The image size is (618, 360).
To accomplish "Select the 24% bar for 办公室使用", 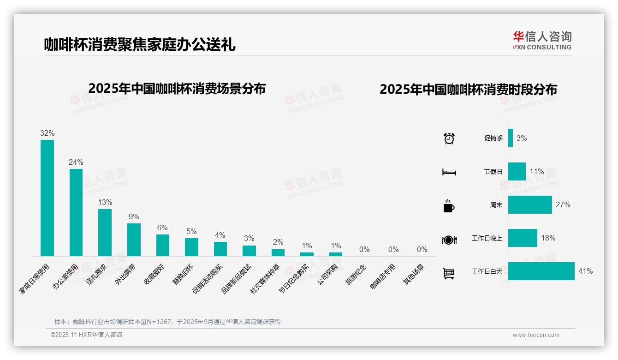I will [x=76, y=212].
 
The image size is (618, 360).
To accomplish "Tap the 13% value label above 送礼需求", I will [x=105, y=202].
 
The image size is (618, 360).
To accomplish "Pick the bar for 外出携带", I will [x=134, y=240].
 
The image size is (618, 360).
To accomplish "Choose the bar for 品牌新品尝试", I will [x=249, y=251].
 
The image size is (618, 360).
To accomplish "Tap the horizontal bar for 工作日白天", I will [x=541, y=271].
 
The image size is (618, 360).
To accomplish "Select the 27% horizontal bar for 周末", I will [x=530, y=204].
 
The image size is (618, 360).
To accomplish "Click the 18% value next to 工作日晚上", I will [x=548, y=238].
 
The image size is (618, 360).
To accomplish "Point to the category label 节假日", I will [x=493, y=172].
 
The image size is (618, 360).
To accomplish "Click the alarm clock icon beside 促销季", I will [x=449, y=138].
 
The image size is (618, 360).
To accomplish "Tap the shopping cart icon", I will [x=448, y=273].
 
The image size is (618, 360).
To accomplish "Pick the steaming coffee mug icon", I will [x=449, y=206].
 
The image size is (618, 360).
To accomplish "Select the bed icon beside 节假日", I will [x=449, y=172].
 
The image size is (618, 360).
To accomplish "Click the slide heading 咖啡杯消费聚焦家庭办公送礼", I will [x=140, y=44].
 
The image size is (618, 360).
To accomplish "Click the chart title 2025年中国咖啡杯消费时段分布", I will [x=468, y=89].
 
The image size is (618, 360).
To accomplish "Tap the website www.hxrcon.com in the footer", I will [x=536, y=335].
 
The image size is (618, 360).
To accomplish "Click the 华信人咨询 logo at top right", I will [x=542, y=40].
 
